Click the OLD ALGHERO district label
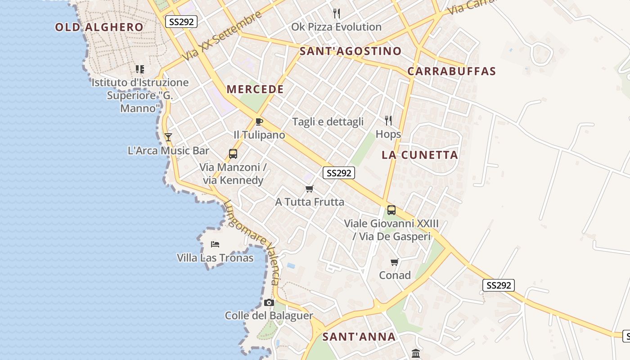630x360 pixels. (x=99, y=27)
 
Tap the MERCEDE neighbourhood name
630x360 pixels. (x=255, y=89)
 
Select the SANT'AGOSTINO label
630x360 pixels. (x=351, y=51)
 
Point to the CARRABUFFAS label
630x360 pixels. (x=451, y=71)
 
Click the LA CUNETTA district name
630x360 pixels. (x=420, y=155)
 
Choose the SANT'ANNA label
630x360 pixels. (x=359, y=337)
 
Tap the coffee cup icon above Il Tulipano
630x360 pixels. (x=259, y=121)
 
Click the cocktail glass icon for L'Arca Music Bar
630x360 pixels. (x=168, y=137)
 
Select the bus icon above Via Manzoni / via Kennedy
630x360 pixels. (x=233, y=154)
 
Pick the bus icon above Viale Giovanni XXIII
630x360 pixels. (x=391, y=210)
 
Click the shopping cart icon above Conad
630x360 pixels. (x=395, y=262)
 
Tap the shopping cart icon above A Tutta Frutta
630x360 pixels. (x=309, y=189)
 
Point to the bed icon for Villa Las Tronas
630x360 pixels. (x=215, y=244)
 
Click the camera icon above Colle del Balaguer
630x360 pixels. (x=269, y=302)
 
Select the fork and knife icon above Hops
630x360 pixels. (x=388, y=120)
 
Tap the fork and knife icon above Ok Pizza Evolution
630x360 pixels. (x=336, y=13)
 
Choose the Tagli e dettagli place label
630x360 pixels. (x=328, y=122)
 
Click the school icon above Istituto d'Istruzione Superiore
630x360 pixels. (x=140, y=69)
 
